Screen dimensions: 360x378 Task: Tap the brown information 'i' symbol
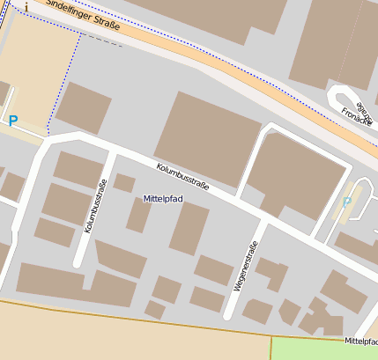(26, 6)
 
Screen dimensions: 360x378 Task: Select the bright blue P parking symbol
(13, 121)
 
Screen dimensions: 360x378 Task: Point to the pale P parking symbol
(347, 202)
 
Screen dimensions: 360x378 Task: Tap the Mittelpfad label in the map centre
(163, 200)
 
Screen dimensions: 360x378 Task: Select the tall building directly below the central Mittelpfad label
(189, 229)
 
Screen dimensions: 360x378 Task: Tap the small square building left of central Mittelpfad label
(124, 183)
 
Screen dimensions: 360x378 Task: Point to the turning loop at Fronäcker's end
(342, 96)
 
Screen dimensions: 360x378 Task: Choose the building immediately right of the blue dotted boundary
(84, 107)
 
